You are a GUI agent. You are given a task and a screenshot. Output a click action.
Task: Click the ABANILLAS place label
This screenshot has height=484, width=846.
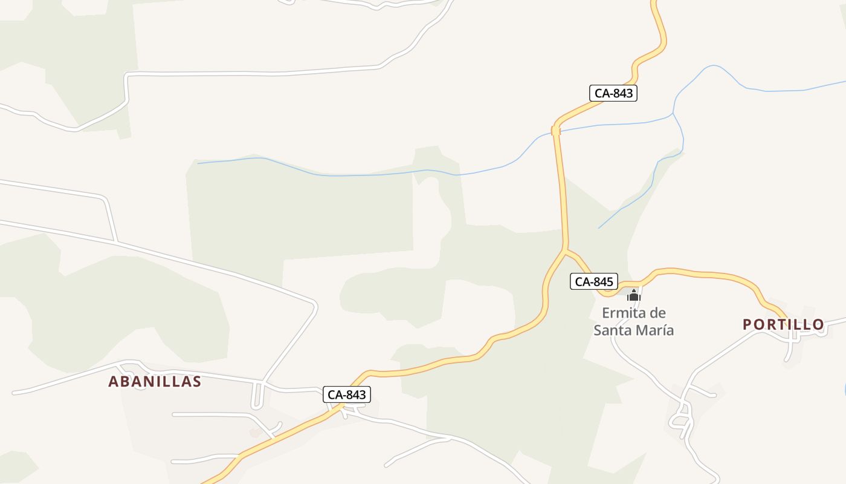(x=155, y=382)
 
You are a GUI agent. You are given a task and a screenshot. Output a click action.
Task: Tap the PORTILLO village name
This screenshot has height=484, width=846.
(x=783, y=324)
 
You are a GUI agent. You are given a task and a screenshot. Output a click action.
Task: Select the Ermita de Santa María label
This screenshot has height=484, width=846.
(x=633, y=322)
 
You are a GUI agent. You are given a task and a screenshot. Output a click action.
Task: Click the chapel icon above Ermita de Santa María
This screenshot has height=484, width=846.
(x=633, y=295)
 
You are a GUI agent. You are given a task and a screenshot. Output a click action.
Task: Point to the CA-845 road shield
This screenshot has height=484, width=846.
(x=594, y=281)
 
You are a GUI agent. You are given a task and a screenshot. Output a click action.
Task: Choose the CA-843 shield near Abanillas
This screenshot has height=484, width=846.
(x=346, y=394)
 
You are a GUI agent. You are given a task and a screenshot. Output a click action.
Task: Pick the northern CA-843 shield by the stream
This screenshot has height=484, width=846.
(x=613, y=93)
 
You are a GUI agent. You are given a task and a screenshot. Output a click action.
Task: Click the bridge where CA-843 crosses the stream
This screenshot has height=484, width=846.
(x=556, y=131)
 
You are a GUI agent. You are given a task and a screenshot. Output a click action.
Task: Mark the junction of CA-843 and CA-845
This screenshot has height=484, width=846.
(x=564, y=249)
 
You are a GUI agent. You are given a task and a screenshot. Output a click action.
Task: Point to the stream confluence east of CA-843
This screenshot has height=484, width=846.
(x=673, y=113)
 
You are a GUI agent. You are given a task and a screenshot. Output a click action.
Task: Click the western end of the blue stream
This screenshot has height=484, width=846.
(x=198, y=163)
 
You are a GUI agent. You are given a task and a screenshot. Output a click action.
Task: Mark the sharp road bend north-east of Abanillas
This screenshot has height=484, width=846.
(x=314, y=304)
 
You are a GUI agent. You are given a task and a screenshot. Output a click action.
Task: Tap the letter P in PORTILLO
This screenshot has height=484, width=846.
(x=748, y=325)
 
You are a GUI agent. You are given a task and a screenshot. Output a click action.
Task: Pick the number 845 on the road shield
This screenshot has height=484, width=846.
(x=603, y=281)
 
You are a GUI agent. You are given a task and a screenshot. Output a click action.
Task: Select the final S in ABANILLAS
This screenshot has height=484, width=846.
(x=196, y=382)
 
